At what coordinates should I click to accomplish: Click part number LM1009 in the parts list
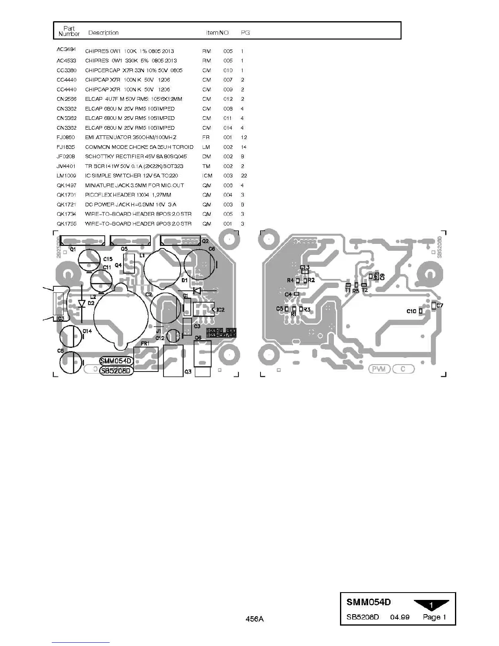click(66, 176)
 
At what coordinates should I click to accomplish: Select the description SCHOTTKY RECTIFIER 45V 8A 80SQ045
click(136, 157)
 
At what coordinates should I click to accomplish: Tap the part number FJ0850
click(66, 137)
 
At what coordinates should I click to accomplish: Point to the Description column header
click(103, 33)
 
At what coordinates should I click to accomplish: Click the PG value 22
click(244, 176)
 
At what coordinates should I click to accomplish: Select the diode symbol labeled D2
click(82, 303)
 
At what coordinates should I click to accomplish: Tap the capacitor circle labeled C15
click(89, 259)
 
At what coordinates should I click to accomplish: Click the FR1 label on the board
click(145, 344)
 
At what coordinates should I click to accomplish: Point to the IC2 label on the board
click(221, 310)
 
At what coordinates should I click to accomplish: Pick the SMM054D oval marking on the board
click(116, 361)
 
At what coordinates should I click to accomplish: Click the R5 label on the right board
click(356, 291)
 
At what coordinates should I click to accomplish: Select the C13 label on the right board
click(305, 268)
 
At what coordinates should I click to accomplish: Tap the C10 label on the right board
click(411, 311)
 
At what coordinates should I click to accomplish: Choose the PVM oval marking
click(380, 369)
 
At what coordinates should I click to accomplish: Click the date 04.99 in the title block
click(400, 617)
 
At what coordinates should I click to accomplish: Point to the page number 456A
click(254, 619)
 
